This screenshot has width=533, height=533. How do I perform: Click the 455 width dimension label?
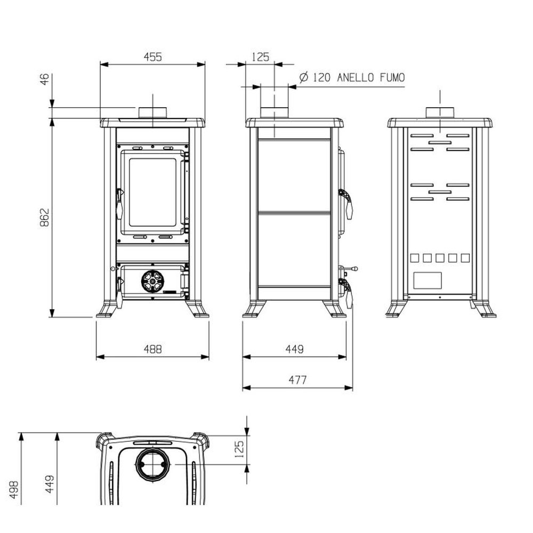(152, 57)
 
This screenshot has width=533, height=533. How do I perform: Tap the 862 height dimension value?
(45, 217)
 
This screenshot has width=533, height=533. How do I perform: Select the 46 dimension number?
(45, 79)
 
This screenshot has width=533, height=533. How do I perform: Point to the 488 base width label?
(152, 349)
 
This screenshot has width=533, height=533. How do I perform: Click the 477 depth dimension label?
(297, 379)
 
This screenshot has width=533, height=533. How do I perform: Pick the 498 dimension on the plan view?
(14, 490)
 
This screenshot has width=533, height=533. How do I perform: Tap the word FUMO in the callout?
(392, 77)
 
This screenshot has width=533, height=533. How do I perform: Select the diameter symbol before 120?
(304, 77)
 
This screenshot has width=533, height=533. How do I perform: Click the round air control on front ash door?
(152, 281)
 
